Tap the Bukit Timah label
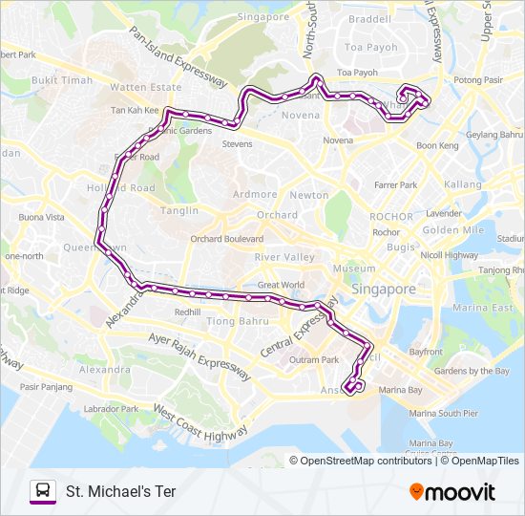tap(62, 80)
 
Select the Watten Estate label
tap(145, 87)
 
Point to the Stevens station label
tap(237, 144)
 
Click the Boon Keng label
tap(437, 146)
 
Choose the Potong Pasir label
tap(478, 80)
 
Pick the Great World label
tap(281, 285)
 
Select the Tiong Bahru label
tap(234, 321)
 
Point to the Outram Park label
tap(316, 360)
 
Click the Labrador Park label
tap(112, 409)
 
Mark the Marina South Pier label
tap(443, 414)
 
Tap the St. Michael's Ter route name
tap(120, 491)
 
